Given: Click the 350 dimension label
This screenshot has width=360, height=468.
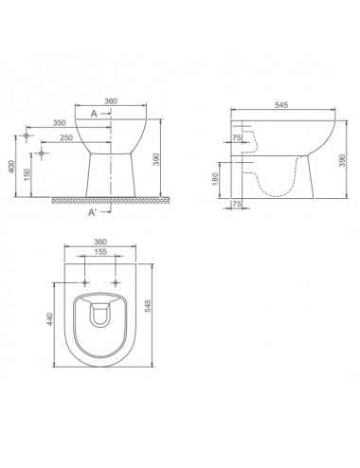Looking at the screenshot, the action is pos(59,122).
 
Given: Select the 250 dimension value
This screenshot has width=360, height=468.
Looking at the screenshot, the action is pos(66,137).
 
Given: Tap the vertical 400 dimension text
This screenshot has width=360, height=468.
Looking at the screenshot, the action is pos(11,167).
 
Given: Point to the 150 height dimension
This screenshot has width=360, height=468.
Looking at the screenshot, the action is pos(27,174).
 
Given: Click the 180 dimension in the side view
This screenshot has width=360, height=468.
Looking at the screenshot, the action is pos(215,179).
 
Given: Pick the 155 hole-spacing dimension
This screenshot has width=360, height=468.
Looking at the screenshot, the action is pos(100,252).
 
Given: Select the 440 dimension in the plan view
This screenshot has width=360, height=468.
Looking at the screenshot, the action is pos(49,319).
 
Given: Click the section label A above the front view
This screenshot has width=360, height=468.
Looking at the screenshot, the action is pos(94,114).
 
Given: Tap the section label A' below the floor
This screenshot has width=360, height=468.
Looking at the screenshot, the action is pos(92,212).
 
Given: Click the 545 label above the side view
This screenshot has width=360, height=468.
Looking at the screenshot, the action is pos(281,105).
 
